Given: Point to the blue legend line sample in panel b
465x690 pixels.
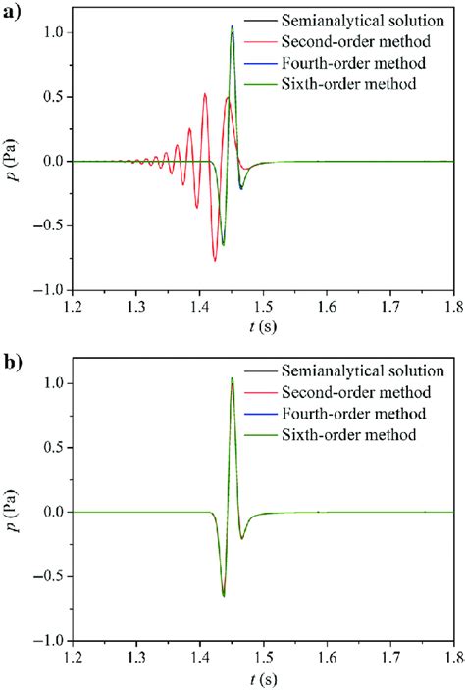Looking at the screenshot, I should coord(258,413).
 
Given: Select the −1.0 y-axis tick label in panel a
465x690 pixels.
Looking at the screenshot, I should coord(47,291).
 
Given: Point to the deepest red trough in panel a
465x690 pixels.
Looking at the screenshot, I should coord(215,260).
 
